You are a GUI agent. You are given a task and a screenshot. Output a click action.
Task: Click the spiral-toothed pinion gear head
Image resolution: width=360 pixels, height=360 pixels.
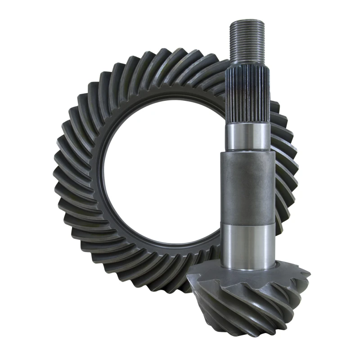(x=252, y=297)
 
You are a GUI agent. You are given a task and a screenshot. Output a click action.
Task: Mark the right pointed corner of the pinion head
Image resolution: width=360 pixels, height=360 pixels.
(x=309, y=272)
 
